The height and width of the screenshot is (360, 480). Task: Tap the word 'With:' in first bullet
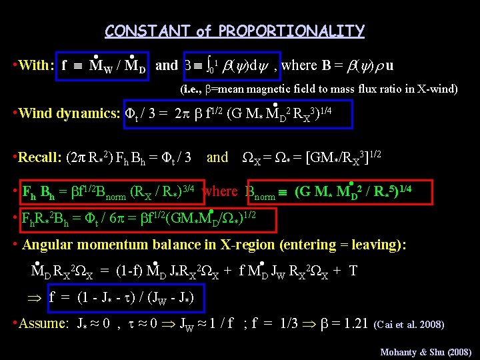coord(37,65)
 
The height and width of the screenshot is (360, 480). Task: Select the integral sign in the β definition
coord(209,65)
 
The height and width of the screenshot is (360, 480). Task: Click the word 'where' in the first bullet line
coord(299,65)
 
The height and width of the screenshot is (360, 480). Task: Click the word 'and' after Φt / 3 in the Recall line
coord(217,158)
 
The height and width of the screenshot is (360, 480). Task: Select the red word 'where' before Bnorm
coord(219,192)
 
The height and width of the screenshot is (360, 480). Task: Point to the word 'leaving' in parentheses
coord(387,245)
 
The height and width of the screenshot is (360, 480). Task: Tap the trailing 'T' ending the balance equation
coord(353,271)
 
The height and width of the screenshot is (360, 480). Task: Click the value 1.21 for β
coord(353,324)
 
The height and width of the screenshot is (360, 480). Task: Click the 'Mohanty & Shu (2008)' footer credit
coord(425,351)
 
